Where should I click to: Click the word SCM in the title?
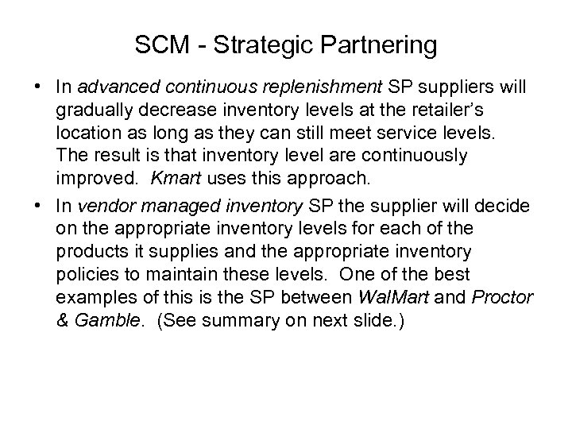(x=162, y=45)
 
